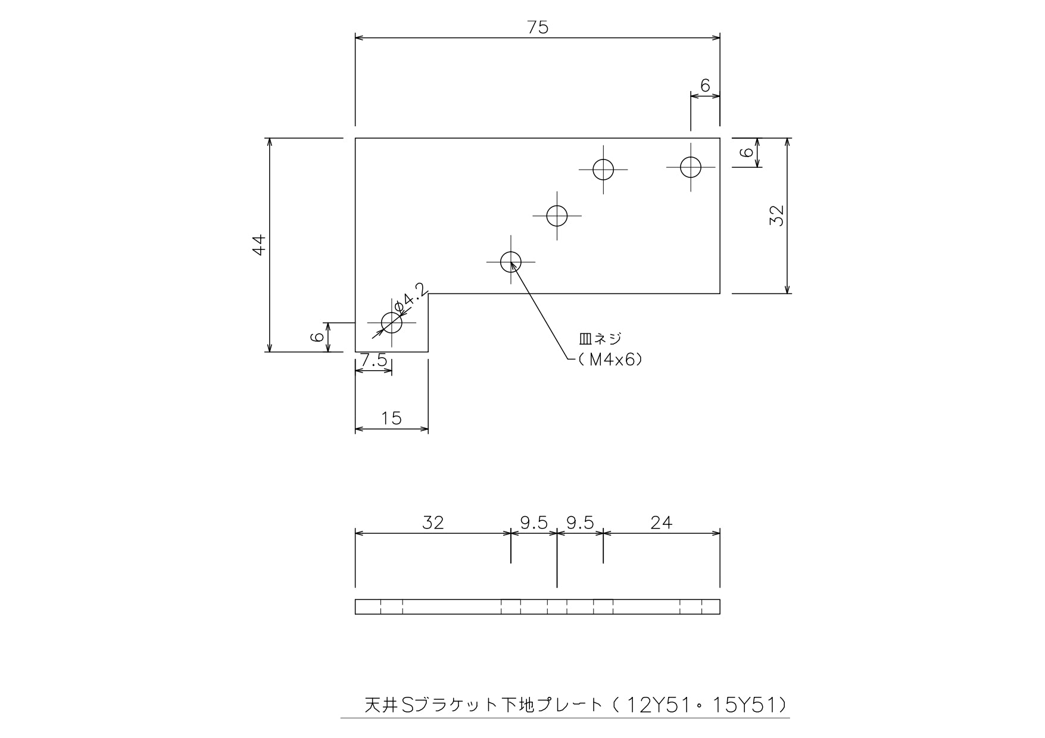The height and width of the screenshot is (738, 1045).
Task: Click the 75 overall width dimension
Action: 538,27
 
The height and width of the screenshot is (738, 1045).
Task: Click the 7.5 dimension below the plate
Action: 373,360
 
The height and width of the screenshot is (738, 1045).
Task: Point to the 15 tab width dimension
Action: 391,418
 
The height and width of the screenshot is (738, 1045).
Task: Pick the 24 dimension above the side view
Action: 661,523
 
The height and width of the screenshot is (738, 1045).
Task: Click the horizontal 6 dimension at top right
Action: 705,86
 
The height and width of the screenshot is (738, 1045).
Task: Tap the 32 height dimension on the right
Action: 776,215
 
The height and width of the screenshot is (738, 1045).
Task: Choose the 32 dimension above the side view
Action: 433,523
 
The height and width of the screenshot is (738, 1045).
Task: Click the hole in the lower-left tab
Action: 392,323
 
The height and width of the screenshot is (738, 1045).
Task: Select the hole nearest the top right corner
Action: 691,167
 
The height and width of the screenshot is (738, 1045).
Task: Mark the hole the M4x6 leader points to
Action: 511,261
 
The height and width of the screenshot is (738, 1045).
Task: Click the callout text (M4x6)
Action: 608,359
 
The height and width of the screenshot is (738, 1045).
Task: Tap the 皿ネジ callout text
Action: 600,339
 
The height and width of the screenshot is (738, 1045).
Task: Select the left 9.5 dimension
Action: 534,523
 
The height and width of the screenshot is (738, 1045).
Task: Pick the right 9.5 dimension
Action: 580,523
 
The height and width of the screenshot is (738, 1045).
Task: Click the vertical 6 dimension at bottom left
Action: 317,337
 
